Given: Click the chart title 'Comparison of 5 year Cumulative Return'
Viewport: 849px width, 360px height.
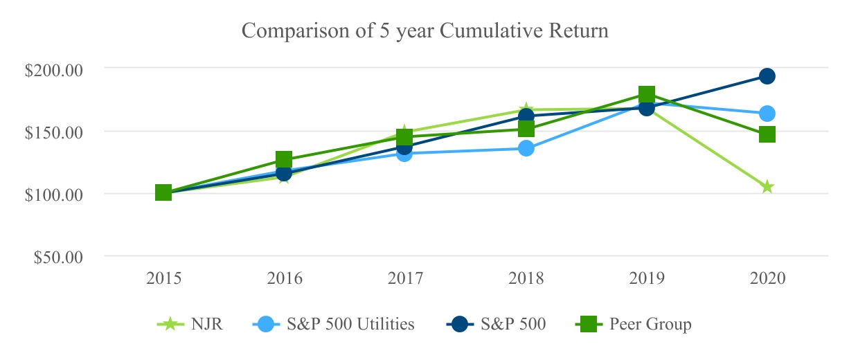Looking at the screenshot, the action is [425, 30].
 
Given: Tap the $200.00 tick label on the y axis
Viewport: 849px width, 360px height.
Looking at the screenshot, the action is [53, 71].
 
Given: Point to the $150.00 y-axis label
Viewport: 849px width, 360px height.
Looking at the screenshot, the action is [53, 133].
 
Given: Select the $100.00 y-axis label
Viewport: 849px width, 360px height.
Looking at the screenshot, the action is [53, 195].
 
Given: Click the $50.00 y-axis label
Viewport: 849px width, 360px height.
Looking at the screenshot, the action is [58, 258].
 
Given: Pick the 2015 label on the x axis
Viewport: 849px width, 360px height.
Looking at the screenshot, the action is [163, 278].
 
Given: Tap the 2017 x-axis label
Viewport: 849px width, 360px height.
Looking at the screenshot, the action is [405, 278].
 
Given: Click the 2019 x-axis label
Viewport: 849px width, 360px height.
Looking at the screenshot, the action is [647, 278].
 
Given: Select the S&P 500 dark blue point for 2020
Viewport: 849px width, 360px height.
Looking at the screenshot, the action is [767, 77].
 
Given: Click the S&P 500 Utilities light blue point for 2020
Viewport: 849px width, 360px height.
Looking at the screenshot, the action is [767, 114].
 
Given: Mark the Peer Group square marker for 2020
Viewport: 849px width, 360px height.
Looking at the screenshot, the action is [767, 134].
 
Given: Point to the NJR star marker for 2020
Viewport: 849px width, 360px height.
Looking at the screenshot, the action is [767, 187].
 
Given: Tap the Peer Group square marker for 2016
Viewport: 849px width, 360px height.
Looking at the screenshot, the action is [284, 159].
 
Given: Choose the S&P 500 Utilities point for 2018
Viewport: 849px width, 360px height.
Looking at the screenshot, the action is [526, 148].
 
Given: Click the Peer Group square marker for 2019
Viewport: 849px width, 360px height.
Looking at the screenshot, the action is [647, 93].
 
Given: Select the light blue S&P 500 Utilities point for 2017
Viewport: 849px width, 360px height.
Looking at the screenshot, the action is [405, 154].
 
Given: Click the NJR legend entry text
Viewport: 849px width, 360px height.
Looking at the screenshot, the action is [207, 324].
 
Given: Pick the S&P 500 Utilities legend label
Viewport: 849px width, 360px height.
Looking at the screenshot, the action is [350, 324].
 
